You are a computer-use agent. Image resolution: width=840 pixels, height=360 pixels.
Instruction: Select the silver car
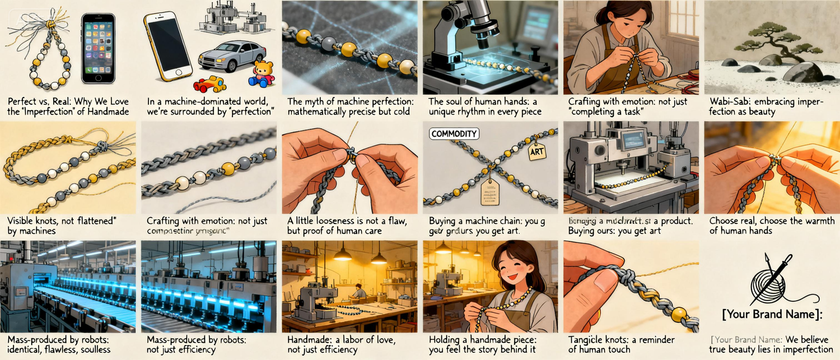pyautogui.click(x=231, y=56)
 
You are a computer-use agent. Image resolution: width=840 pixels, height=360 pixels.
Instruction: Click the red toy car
pyautogui.click(x=209, y=84)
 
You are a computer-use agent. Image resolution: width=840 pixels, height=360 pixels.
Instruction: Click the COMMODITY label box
pyautogui.click(x=454, y=134)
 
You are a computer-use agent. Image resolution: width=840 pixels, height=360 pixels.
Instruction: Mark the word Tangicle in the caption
pyautogui.click(x=589, y=340)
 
